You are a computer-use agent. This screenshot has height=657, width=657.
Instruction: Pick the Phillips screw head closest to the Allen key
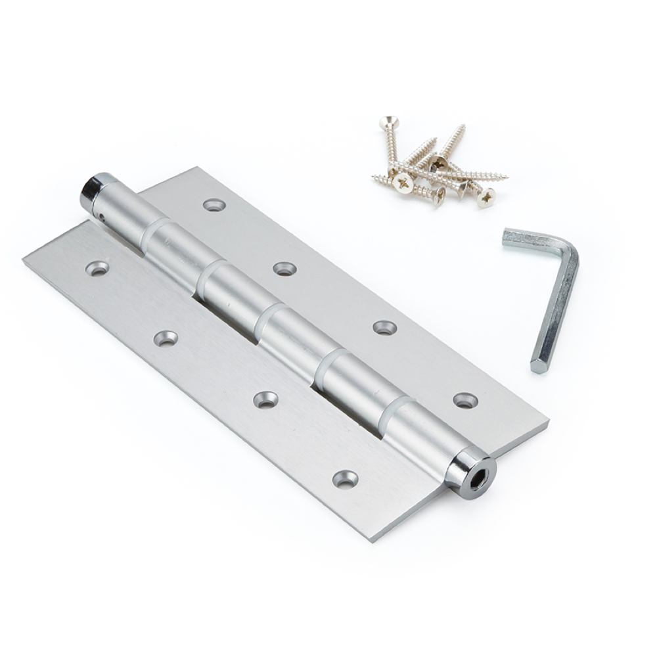486,198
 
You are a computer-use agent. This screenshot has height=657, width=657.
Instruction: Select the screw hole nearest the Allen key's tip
465,399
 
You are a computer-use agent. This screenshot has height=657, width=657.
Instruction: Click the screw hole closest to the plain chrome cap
97,267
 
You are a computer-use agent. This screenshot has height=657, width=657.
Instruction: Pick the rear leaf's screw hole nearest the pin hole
214,205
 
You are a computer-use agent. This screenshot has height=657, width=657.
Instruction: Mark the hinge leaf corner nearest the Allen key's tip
547,424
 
